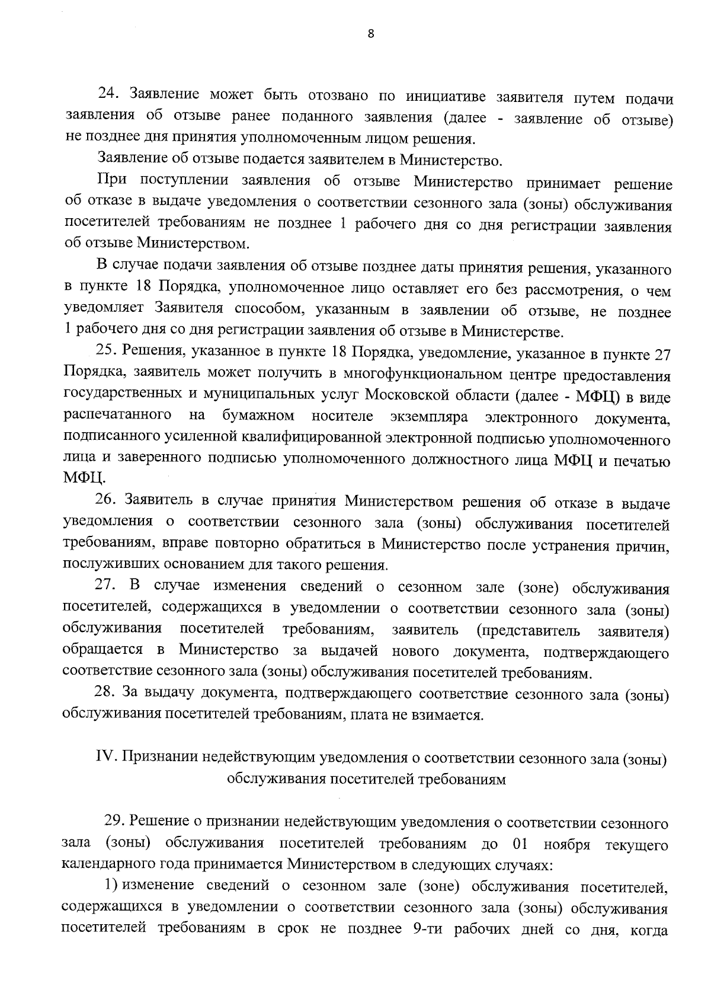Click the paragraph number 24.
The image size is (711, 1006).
[x=108, y=95]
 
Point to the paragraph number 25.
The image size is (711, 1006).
[x=107, y=351]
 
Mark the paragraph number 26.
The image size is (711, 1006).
[x=107, y=501]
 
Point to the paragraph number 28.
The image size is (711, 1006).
[x=107, y=692]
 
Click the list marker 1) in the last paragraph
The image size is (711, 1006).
[x=113, y=886]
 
